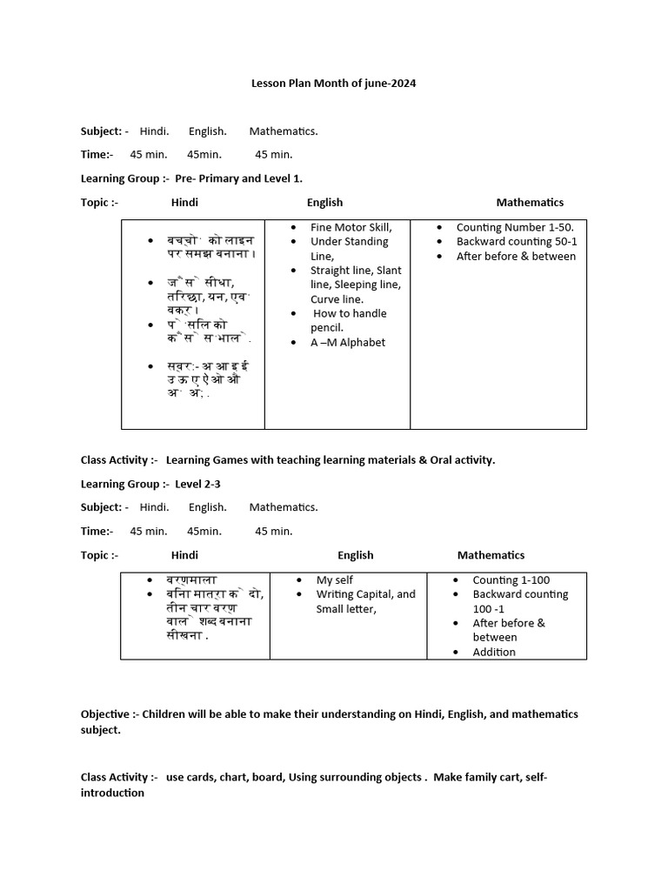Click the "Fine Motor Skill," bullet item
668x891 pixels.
pyautogui.click(x=351, y=227)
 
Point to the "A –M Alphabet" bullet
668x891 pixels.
pyautogui.click(x=348, y=342)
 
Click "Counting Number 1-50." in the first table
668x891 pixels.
pyautogui.click(x=515, y=227)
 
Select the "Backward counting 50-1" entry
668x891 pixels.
pyautogui.click(x=517, y=242)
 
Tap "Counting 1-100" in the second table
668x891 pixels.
pyautogui.click(x=511, y=579)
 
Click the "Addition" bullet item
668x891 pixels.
pyautogui.click(x=494, y=652)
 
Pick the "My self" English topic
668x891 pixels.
pyautogui.click(x=334, y=579)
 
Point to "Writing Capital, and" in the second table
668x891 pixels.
pyautogui.click(x=365, y=594)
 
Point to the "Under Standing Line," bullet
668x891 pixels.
pyautogui.click(x=349, y=249)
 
